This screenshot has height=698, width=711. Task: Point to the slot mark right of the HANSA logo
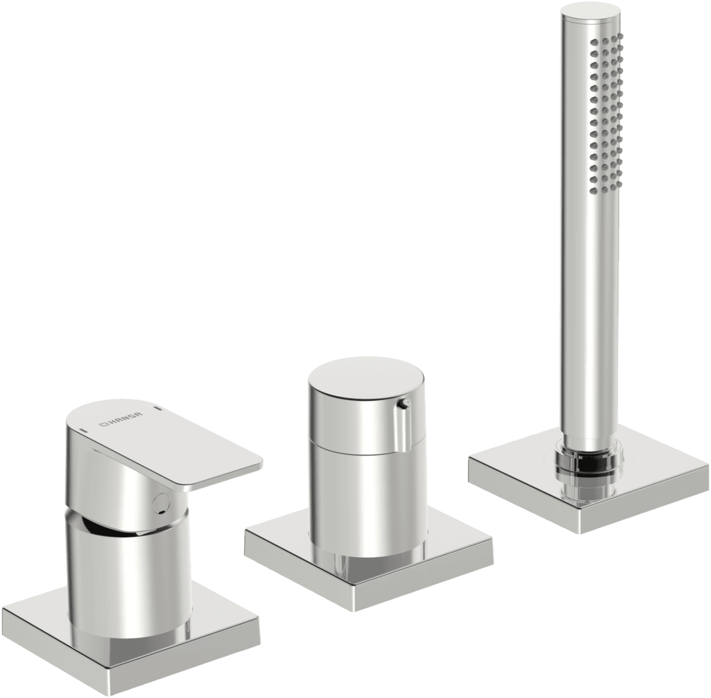click(159, 410)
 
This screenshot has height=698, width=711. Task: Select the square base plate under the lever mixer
click(131, 635)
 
